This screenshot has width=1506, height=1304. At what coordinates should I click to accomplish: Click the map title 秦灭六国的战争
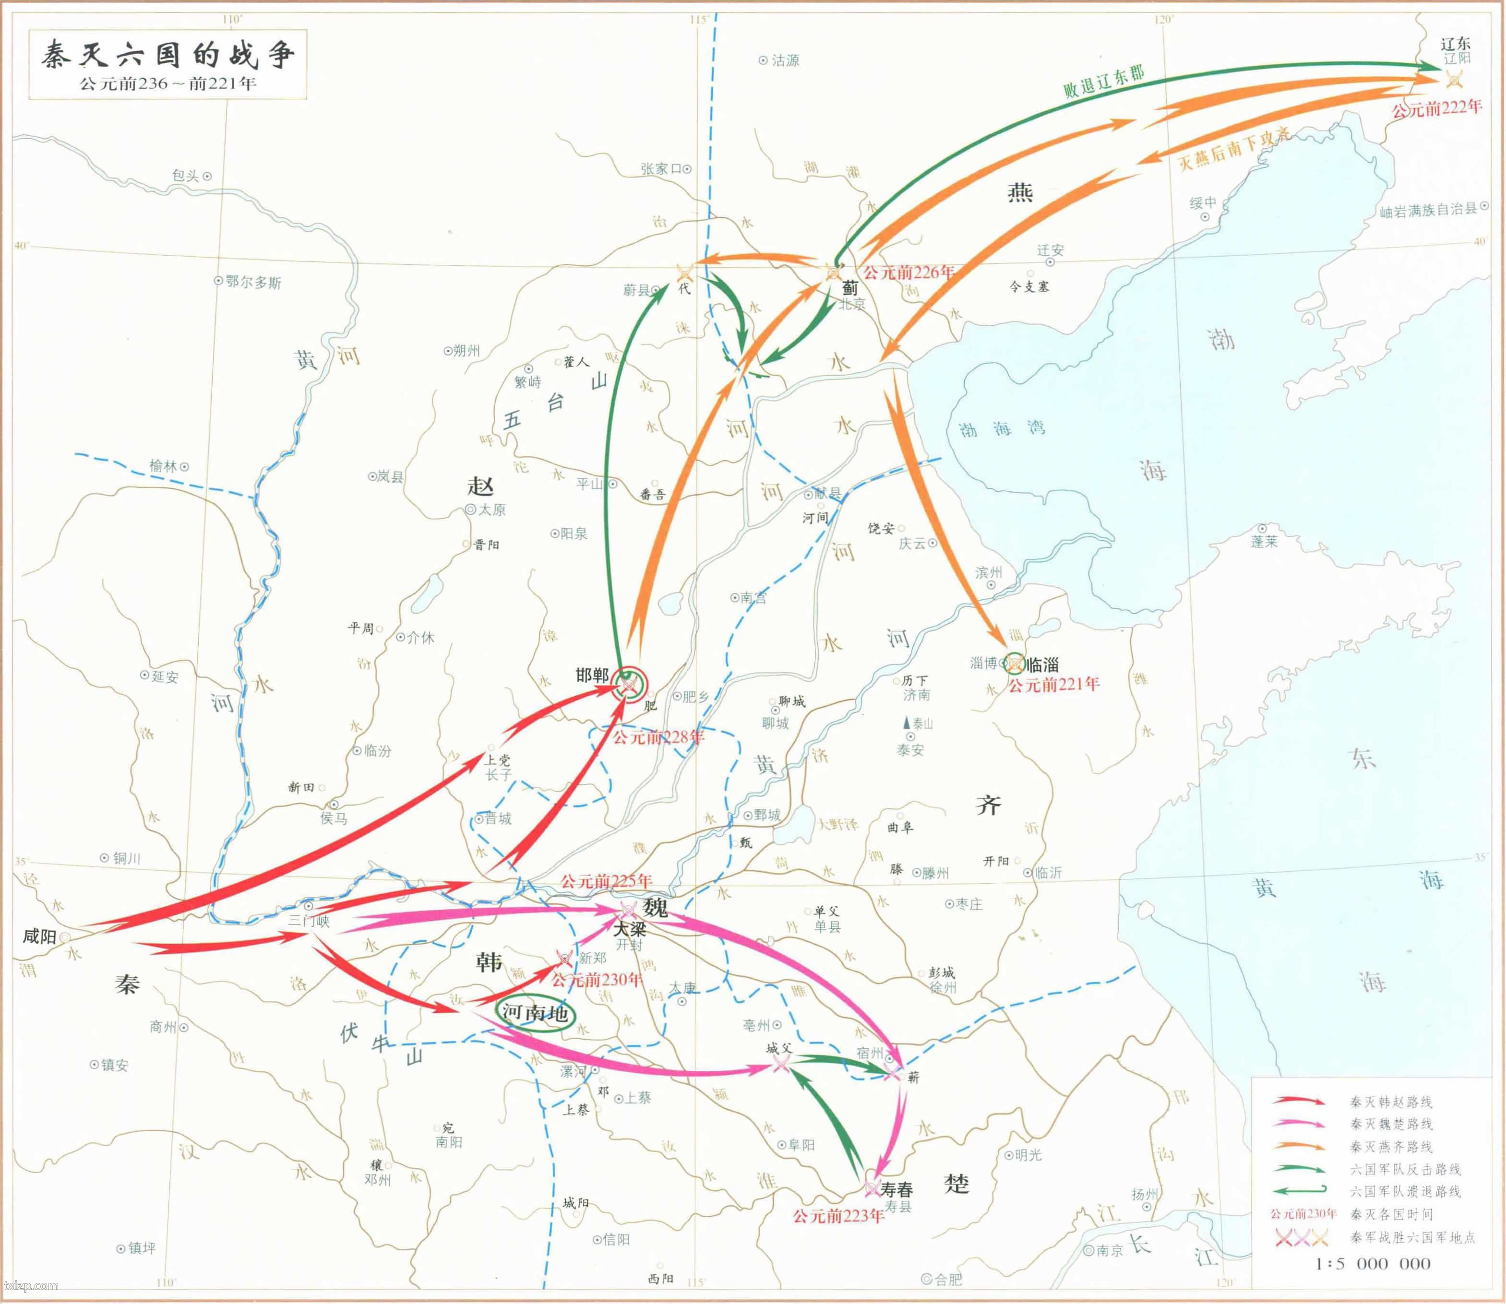point(167,55)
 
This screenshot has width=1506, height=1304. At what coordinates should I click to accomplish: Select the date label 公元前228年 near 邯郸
point(658,737)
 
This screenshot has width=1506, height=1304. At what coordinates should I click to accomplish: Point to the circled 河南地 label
point(535,1012)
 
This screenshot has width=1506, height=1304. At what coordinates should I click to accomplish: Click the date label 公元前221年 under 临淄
point(1053,684)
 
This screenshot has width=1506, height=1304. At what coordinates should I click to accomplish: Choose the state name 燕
point(1019,192)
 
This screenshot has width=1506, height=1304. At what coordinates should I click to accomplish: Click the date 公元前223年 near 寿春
point(838,1215)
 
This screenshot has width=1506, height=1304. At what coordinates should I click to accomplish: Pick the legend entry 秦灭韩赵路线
point(1391,1102)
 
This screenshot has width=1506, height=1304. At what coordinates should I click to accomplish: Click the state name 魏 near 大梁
point(655,907)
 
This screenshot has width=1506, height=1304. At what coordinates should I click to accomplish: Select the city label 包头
point(186,176)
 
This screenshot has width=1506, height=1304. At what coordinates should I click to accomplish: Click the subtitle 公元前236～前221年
point(168,83)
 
